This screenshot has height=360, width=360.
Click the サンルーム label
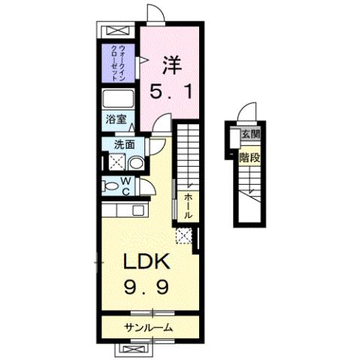pos(149,327)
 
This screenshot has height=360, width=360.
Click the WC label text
pos(127,185)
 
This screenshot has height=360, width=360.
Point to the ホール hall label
pos(187,205)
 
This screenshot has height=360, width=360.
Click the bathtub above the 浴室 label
pos(119,100)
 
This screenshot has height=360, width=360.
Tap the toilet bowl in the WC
pos(110,186)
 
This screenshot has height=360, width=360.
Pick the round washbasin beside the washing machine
pos(135,162)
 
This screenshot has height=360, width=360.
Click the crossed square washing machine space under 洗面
pos(116,162)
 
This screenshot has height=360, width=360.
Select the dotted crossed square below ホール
pos(183,236)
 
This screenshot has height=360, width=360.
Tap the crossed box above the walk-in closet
pos(119,32)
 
